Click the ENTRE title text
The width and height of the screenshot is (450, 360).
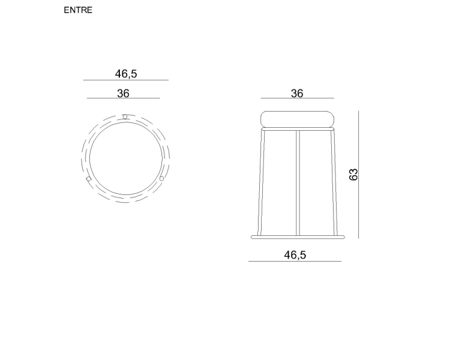78,10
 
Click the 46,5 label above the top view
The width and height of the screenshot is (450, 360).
126,74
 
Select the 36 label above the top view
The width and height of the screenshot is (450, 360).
123,94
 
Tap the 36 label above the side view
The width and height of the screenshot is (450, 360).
297,94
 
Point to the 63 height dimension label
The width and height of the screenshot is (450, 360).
353,174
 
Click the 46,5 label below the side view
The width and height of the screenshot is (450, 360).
295,254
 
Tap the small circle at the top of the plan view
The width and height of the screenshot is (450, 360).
125,116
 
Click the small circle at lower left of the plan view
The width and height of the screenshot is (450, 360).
89,179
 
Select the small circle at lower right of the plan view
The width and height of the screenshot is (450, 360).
161,179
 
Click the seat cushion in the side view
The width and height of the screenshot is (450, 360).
298,119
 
